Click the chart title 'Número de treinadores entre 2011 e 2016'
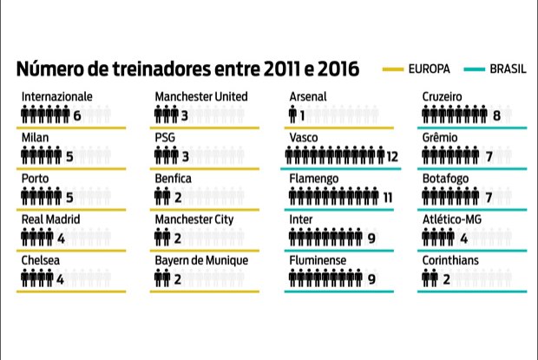point(187,69)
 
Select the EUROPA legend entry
point(416,69)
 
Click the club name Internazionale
point(57,96)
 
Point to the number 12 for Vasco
point(392,156)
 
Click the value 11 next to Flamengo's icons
point(387,197)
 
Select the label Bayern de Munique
point(202,260)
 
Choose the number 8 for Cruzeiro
point(496,115)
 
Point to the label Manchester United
point(201,96)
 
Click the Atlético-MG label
point(456,219)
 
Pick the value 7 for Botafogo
point(489,197)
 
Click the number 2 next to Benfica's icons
point(176,197)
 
